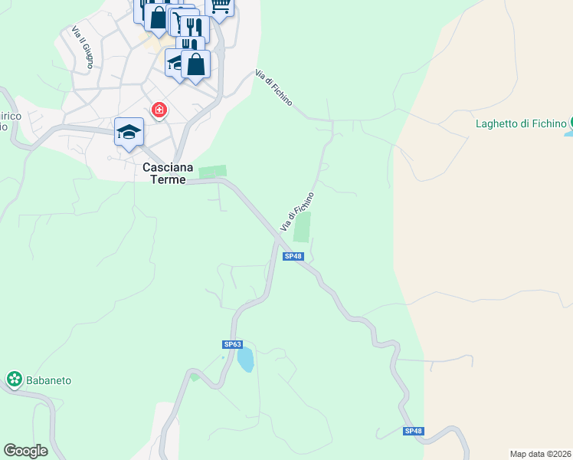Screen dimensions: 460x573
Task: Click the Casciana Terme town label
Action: tap(164, 172)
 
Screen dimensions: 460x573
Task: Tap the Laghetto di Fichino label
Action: tap(520, 123)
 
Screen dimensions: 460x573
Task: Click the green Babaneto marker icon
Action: tap(14, 378)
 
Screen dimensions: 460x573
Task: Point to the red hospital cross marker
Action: tap(159, 111)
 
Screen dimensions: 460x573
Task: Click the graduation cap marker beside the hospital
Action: tap(129, 131)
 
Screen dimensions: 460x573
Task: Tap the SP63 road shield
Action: tap(232, 344)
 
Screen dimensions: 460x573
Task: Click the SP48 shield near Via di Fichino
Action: tap(292, 256)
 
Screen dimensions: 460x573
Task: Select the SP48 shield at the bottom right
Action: tap(413, 431)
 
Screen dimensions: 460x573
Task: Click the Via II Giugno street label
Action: tap(83, 47)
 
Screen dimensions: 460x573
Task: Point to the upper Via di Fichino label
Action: tap(273, 92)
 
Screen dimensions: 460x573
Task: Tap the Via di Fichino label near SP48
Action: tap(297, 212)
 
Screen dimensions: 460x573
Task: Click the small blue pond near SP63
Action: tap(245, 359)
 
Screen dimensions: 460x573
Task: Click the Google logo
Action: tap(25, 451)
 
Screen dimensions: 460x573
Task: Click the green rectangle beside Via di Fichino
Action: tap(303, 227)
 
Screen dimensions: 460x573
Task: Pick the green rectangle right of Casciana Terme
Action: tap(213, 172)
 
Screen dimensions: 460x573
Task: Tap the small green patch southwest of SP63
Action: tap(195, 376)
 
